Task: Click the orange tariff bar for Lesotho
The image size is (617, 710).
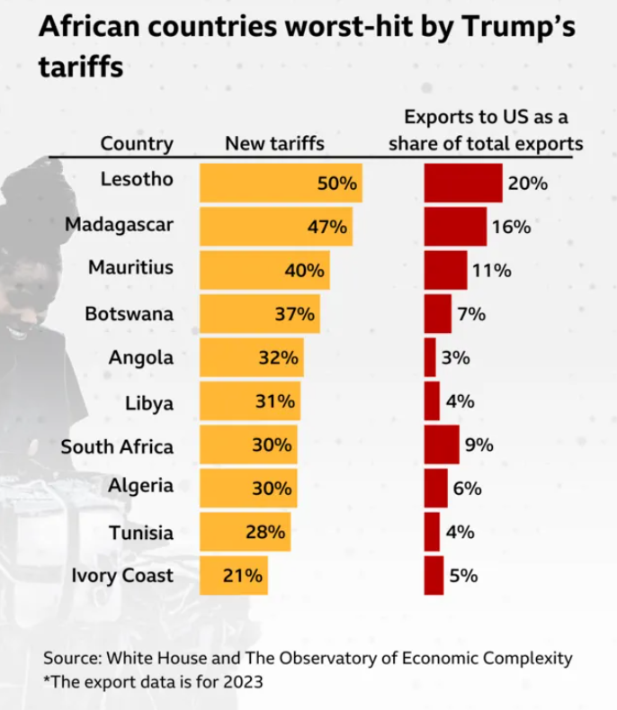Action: point(280,183)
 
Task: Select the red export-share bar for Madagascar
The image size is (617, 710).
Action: point(455,227)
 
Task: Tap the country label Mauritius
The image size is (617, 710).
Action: point(130,268)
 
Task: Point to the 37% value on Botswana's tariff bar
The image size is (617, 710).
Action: point(294,314)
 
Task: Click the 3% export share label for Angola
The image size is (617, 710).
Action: point(456,357)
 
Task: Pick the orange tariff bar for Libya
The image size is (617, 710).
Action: point(249,401)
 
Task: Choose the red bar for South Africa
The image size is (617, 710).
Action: point(442,445)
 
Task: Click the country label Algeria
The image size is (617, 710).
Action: point(140,486)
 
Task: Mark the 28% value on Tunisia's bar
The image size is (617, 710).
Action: point(266,531)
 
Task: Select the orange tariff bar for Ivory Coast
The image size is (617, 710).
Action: point(233,575)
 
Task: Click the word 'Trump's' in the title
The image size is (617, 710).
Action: point(515,28)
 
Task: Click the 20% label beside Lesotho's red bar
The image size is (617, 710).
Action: point(528,183)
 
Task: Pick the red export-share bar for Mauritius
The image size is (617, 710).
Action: point(445,270)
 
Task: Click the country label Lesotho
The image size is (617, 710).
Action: point(138,180)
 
